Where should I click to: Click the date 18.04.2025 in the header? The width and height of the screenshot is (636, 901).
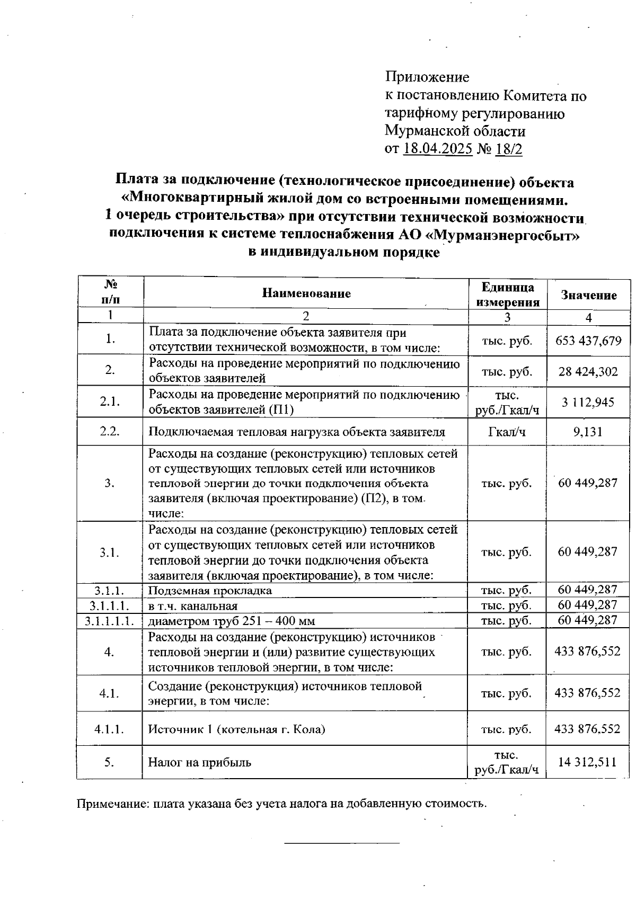point(437,149)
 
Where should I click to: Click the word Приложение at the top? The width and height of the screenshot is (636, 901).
point(427,77)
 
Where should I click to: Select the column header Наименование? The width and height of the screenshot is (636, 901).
point(306,293)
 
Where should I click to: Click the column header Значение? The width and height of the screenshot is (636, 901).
point(589,295)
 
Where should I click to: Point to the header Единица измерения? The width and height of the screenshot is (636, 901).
point(507,295)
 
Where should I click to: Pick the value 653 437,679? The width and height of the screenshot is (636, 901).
point(588,341)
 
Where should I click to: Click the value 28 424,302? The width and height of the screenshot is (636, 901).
point(588,371)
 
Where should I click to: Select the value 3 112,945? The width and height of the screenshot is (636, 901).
point(588,402)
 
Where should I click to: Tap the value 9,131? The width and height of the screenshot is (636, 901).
point(588,432)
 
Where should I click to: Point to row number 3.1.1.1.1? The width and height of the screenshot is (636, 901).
point(109,620)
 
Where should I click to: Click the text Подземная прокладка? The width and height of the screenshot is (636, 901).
point(210,591)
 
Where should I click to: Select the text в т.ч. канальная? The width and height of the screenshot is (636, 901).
point(193,605)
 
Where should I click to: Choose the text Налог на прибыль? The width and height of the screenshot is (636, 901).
point(199,762)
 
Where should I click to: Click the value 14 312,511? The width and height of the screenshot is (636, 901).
point(587,762)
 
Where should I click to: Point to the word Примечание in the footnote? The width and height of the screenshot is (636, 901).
point(112,804)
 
